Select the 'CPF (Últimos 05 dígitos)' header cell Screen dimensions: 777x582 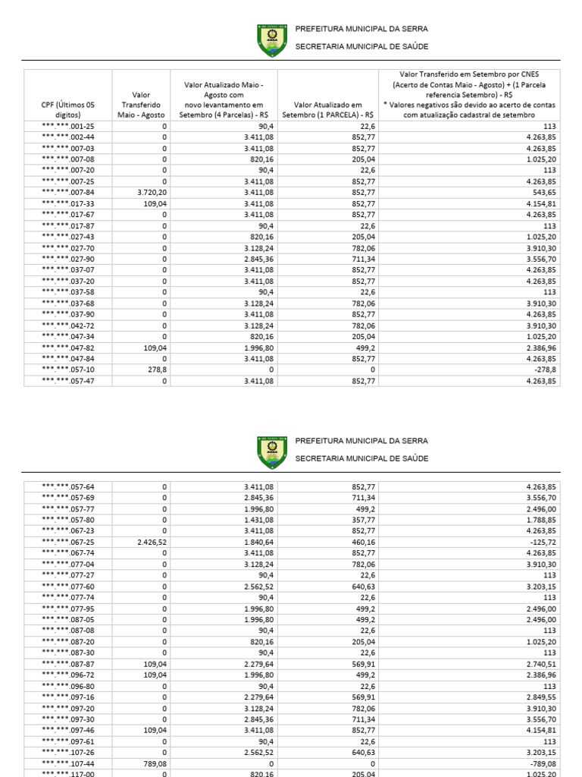(68, 109)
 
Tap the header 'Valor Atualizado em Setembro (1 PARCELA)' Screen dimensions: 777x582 (327, 109)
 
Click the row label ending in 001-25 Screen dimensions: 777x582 (68, 127)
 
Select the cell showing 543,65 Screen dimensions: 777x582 (544, 193)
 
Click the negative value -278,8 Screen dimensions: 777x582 (546, 370)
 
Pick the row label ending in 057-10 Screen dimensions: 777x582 (68, 370)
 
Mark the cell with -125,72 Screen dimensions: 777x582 (543, 542)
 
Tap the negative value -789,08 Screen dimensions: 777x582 (543, 763)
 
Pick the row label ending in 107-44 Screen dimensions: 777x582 (68, 763)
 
